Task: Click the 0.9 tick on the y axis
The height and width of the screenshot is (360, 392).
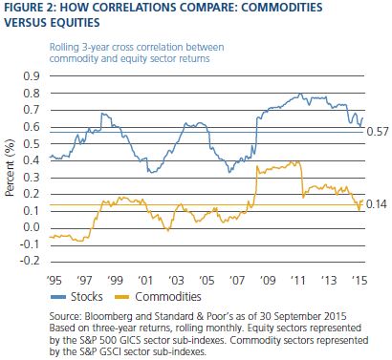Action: pos(32,76)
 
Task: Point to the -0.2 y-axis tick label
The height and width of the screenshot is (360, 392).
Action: pos(30,261)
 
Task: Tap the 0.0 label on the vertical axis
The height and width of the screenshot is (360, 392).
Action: pos(32,227)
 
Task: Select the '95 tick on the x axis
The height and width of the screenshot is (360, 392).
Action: pos(54,281)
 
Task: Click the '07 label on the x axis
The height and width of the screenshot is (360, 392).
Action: pos(237,281)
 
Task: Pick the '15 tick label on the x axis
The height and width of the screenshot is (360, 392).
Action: pos(359,281)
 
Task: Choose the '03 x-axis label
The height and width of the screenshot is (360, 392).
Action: pos(176,281)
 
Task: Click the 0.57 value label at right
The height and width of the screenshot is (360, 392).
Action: pos(378,132)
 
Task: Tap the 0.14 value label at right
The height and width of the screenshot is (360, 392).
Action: pos(377,204)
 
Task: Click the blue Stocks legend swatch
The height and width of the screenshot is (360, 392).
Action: pos(58,297)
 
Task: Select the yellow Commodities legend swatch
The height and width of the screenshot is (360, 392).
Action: pos(122,297)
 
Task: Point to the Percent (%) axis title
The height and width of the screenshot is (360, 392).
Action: pos(11,168)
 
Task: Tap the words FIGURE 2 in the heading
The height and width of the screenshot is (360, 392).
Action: pos(29,7)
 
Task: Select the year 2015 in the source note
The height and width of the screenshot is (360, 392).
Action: pos(335,317)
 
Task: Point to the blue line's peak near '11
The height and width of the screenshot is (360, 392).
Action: pos(300,94)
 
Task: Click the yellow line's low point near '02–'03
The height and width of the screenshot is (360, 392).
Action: pos(168,229)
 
